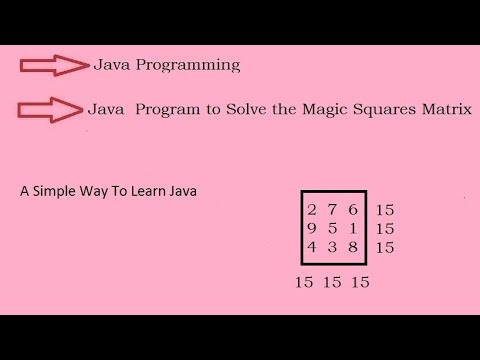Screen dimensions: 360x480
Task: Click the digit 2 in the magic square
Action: click(x=312, y=210)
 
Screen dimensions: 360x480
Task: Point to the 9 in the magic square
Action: click(x=312, y=228)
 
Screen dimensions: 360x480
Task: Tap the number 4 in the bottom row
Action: click(x=312, y=246)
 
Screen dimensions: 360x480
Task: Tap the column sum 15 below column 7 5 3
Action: click(x=333, y=282)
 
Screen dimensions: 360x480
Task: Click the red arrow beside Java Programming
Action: click(x=55, y=66)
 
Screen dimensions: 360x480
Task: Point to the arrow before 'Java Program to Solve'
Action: click(x=50, y=109)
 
